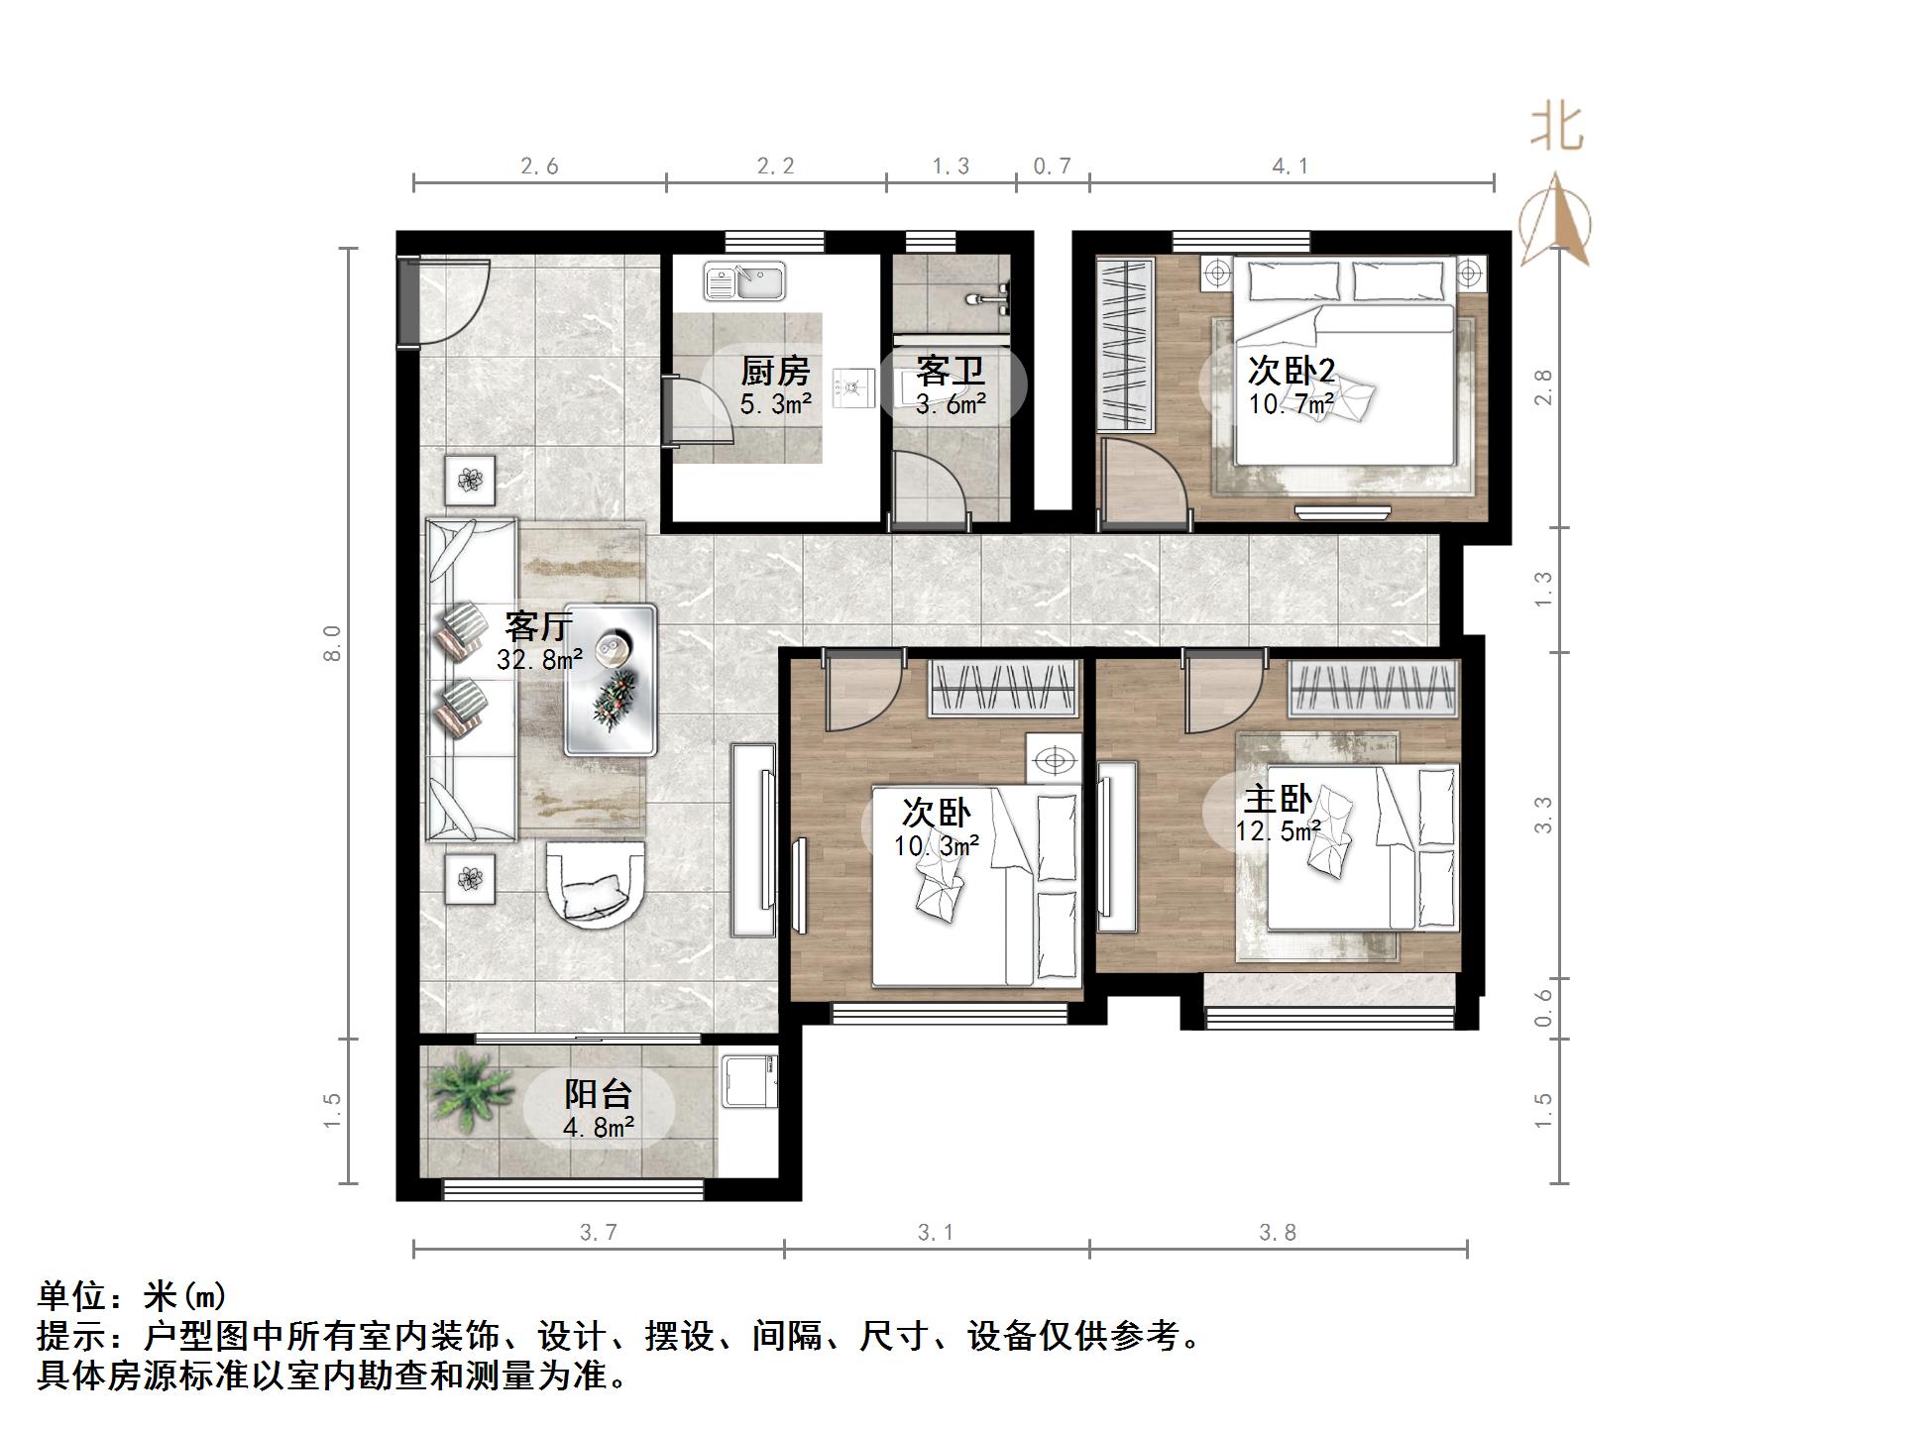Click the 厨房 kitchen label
tap(775, 372)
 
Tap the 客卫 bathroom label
tap(951, 372)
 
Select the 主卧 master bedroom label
tap(1279, 800)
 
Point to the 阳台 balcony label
tap(598, 1094)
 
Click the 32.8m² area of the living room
tap(539, 658)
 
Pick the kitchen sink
tap(744, 281)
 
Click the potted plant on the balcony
tap(464, 1091)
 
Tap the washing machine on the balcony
tap(749, 1080)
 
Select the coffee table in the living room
tap(611, 680)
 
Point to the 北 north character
tap(1557, 129)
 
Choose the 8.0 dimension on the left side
tap(333, 644)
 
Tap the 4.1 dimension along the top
tap(1291, 166)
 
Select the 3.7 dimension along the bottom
tap(598, 1232)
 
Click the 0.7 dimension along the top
tap(1052, 166)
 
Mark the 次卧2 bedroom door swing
tap(1145, 481)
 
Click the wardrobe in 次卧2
tap(1125, 345)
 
